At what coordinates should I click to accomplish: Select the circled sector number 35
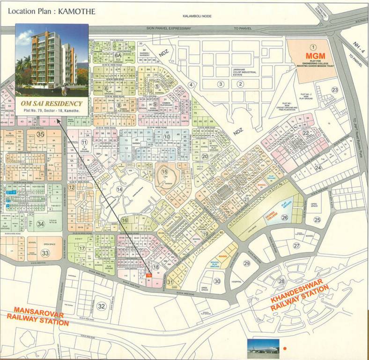41,135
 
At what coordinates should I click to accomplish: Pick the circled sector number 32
102,306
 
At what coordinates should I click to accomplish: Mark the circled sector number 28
281,281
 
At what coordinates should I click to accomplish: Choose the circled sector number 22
306,133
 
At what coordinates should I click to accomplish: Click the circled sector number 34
41,224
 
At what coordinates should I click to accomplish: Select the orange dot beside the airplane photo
284,349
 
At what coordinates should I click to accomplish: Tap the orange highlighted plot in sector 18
149,276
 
